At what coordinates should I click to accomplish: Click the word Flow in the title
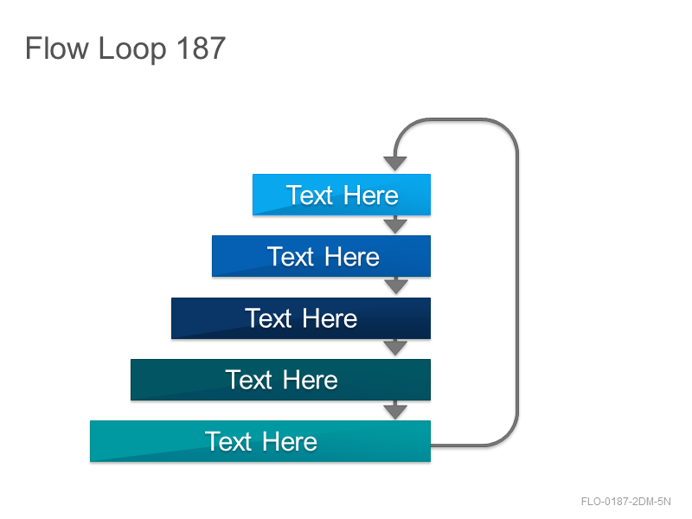pos(57,48)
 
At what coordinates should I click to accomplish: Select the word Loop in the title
pos(132,50)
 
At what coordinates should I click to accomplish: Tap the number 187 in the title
pos(202,48)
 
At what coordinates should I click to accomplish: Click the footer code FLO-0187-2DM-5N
pos(625,502)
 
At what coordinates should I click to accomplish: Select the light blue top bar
pos(342,195)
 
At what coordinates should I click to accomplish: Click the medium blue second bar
pos(321,256)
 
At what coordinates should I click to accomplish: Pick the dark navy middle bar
pos(301,318)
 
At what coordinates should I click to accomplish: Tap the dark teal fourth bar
pos(280,380)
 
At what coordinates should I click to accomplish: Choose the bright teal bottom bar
pos(260,441)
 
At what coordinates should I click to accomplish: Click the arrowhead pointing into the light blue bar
pos(395,163)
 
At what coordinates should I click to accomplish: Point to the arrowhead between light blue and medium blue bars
pos(395,226)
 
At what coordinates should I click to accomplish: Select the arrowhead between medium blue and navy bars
pos(396,287)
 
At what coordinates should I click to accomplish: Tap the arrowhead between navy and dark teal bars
pos(395,349)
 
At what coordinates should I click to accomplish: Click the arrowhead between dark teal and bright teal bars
pos(395,411)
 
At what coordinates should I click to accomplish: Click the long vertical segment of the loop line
pos(516,283)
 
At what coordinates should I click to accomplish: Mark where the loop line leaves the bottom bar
pos(432,445)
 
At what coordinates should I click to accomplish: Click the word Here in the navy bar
pos(330,318)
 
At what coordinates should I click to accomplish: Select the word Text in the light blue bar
pos(310,195)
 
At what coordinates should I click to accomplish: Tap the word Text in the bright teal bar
pos(228,441)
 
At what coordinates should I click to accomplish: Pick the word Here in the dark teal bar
pos(311,380)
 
